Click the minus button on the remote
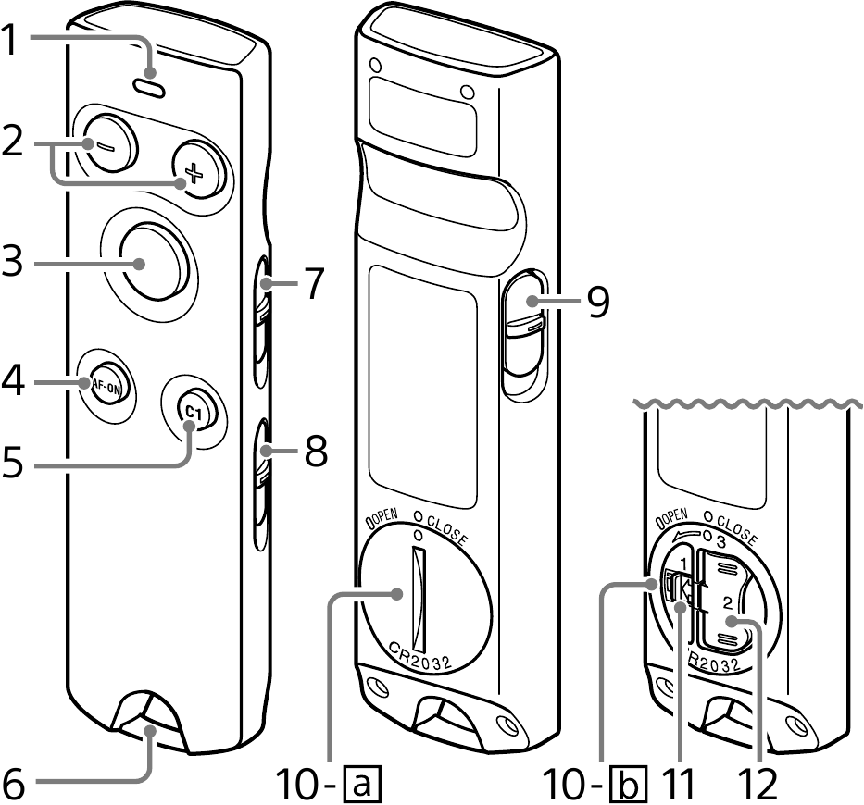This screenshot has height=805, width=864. (x=106, y=144)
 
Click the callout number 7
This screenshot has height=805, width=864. (x=315, y=283)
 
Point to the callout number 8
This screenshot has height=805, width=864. (x=315, y=452)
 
